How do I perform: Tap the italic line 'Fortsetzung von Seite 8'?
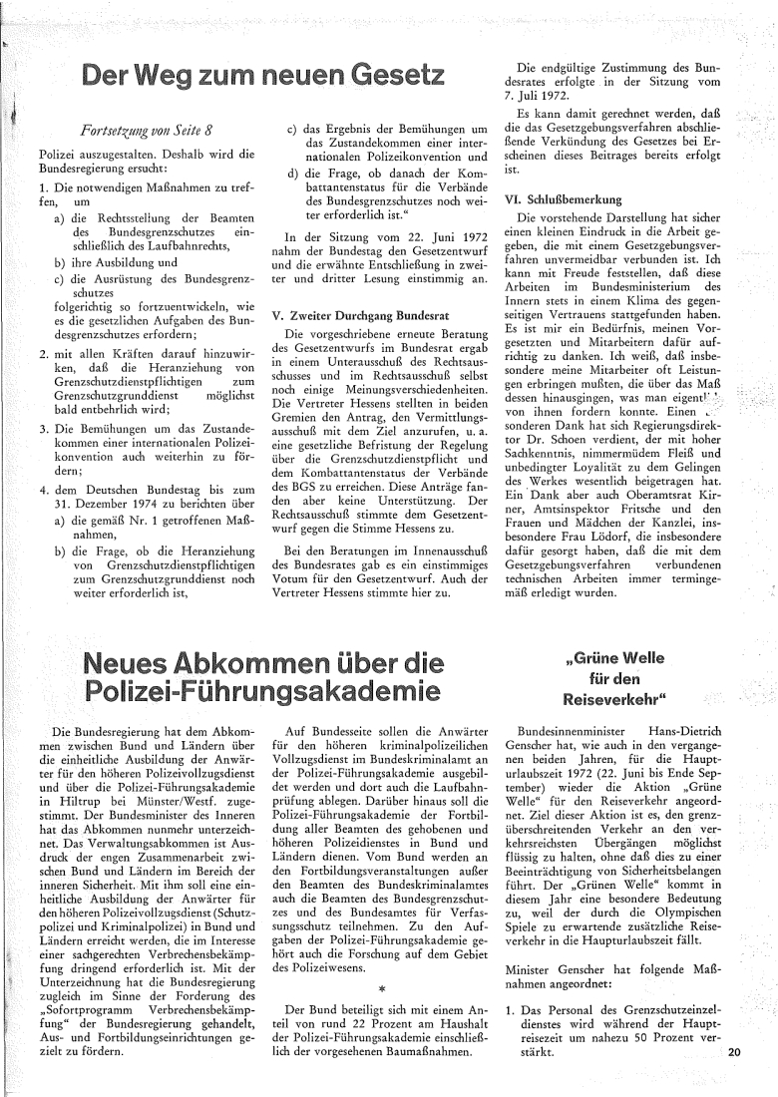point(146,130)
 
